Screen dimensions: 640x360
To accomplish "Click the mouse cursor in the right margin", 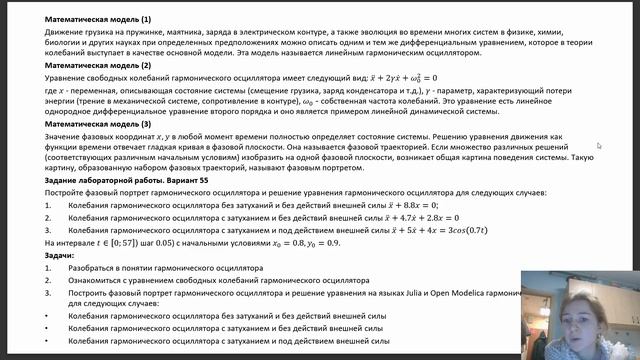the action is (x=599, y=145).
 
